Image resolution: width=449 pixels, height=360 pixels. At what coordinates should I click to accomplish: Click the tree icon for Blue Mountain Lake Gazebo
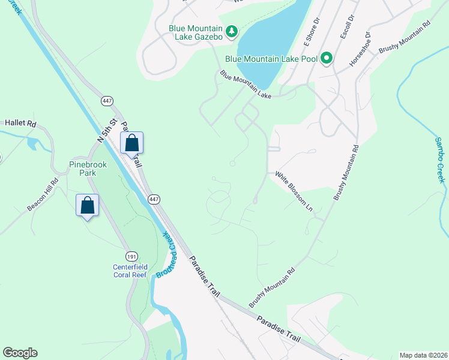click(x=232, y=31)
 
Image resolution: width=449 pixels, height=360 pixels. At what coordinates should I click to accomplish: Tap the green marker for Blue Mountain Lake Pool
click(x=327, y=58)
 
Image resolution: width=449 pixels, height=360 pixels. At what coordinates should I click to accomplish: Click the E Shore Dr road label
click(x=313, y=35)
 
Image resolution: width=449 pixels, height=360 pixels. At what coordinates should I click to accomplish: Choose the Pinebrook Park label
click(x=83, y=167)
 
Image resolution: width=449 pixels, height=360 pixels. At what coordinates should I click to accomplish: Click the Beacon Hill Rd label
click(x=43, y=194)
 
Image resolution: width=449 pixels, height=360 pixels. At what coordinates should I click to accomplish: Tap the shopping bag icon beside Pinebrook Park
click(x=88, y=205)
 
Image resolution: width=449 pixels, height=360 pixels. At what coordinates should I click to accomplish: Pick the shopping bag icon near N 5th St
click(x=132, y=144)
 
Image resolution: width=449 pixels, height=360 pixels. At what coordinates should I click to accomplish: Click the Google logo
click(x=20, y=353)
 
